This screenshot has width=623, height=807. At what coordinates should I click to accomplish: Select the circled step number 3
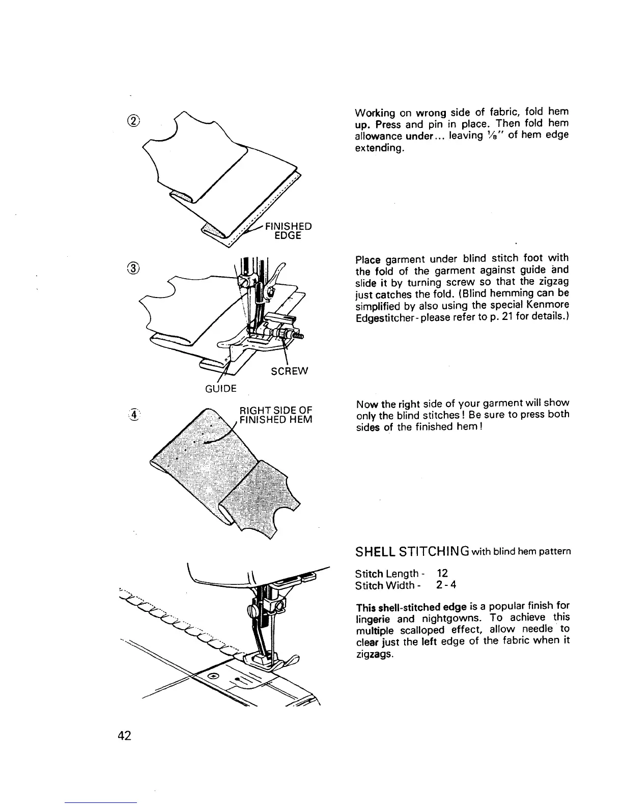(135, 268)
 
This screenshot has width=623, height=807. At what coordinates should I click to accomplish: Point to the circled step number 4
(134, 415)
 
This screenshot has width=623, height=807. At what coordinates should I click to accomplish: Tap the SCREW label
(290, 371)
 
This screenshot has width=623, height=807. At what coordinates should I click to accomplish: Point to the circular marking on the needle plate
(214, 676)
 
